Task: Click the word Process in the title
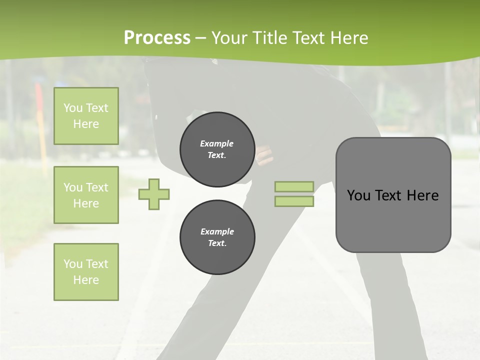point(157,38)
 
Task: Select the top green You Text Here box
point(86,116)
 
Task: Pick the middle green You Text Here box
point(86,195)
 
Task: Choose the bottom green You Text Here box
point(86,272)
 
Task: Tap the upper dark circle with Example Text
point(217,149)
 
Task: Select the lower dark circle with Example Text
point(217,237)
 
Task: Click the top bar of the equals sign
point(294,186)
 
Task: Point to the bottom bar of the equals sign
point(294,201)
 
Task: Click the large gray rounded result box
point(393,220)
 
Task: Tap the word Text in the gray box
point(388,195)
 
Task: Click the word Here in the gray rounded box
point(422,195)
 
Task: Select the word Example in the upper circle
point(217,143)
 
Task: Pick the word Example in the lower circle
point(217,231)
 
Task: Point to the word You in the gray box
point(358,195)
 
